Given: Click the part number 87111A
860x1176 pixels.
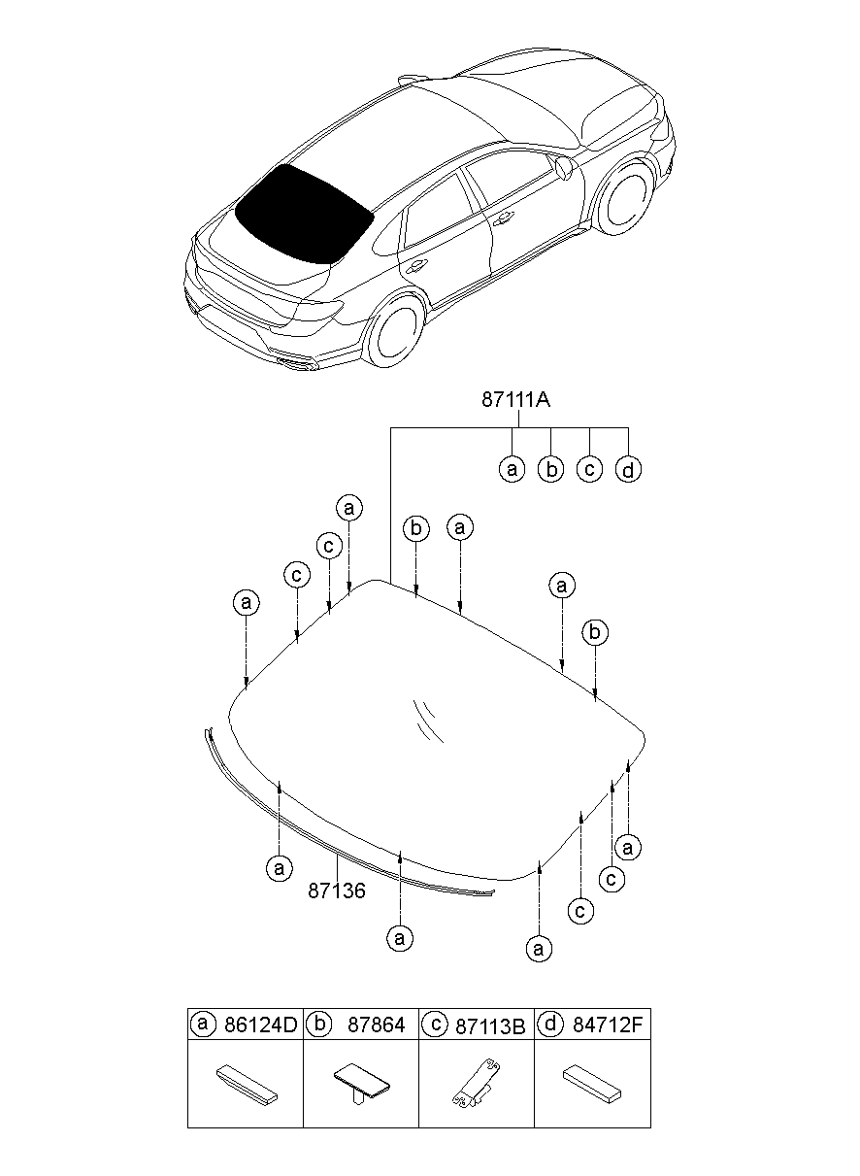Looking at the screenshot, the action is [x=515, y=400].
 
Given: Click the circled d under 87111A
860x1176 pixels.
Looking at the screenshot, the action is [x=628, y=469].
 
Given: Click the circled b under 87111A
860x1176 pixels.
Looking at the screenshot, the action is [x=551, y=469].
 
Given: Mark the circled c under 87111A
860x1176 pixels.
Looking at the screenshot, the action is [x=589, y=469].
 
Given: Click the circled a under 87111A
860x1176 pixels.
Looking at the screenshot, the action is [x=513, y=469].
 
